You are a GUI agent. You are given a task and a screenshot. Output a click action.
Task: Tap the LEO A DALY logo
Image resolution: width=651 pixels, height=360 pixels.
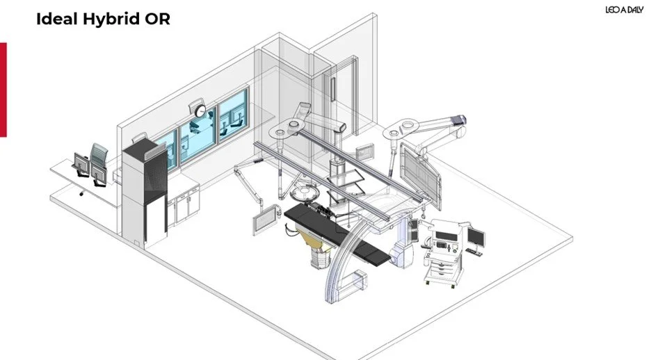[x=624, y=9]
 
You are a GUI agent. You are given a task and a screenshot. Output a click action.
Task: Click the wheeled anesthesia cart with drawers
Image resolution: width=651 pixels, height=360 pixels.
[x=444, y=254]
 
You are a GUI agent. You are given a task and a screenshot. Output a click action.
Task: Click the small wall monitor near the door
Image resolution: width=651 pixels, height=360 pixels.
[x=364, y=151]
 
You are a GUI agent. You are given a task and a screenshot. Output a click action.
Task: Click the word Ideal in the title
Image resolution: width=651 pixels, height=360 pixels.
[x=55, y=19]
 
